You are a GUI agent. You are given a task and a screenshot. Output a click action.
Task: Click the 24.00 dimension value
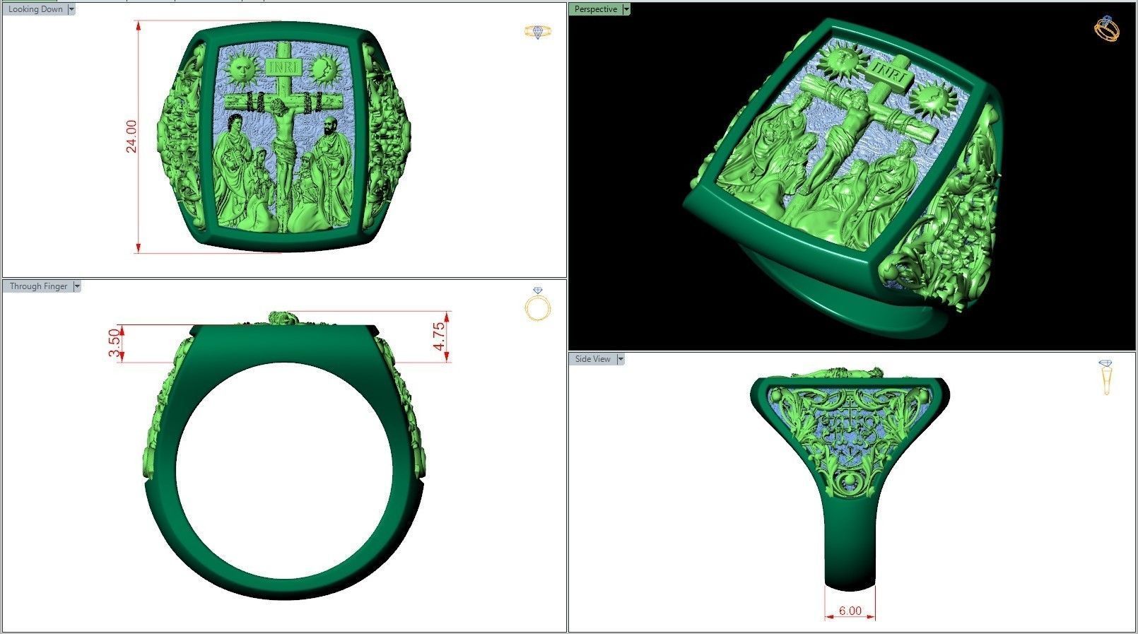(x=131, y=136)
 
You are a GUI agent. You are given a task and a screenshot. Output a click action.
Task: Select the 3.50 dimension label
(x=114, y=344)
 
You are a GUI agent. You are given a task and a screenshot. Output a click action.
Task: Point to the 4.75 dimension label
(x=440, y=336)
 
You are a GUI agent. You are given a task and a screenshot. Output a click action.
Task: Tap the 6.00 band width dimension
(x=850, y=611)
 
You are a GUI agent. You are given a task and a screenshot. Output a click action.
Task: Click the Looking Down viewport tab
(x=35, y=9)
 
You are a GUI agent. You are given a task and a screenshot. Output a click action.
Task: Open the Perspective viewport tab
(x=595, y=9)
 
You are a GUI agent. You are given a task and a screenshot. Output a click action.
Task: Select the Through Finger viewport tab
(x=38, y=286)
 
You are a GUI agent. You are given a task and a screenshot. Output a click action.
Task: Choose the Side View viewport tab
(x=592, y=359)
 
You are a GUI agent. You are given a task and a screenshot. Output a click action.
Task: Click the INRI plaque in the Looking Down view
(x=285, y=67)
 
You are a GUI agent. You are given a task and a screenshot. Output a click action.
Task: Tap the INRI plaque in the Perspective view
(x=886, y=69)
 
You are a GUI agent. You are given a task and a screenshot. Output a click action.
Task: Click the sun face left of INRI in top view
(x=242, y=68)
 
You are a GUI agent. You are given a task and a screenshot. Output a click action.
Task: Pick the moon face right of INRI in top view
(x=324, y=69)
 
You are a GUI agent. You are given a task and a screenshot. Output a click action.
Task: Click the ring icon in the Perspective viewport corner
(x=1106, y=28)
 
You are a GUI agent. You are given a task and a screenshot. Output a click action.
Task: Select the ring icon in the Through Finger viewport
(x=538, y=305)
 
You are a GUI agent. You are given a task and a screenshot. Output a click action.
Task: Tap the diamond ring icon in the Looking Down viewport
(x=538, y=31)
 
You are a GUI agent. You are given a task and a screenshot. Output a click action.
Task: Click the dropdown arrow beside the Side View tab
(x=621, y=359)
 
